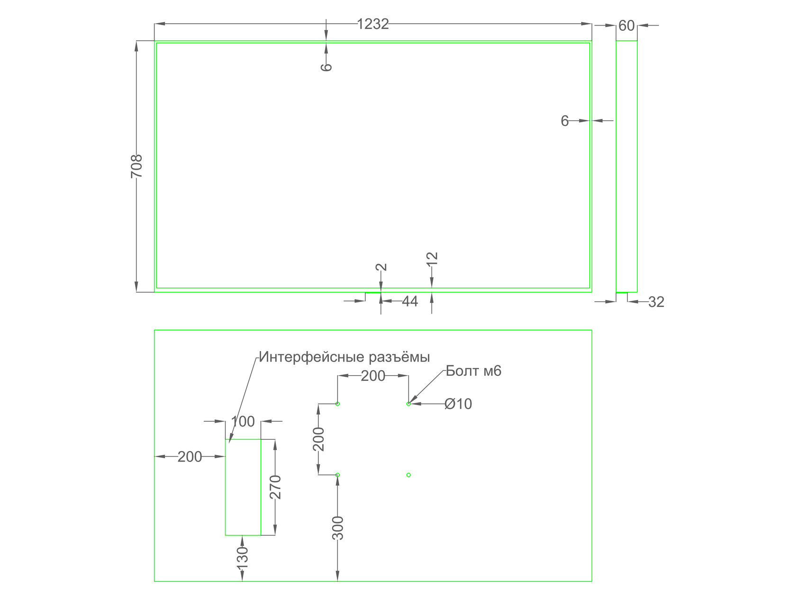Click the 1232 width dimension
372,24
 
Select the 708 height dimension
136,166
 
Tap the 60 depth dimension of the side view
626,26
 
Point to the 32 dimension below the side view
656,302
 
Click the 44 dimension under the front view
410,301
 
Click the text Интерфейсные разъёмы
344,357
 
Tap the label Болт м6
473,371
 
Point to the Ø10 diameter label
458,404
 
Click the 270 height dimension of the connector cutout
276,487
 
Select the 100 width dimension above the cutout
243,421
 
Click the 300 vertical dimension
338,528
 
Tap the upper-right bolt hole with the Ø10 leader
408,404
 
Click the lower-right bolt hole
408,475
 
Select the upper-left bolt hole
338,404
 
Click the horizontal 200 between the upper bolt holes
373,376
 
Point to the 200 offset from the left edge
190,457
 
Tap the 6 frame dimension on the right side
564,121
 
